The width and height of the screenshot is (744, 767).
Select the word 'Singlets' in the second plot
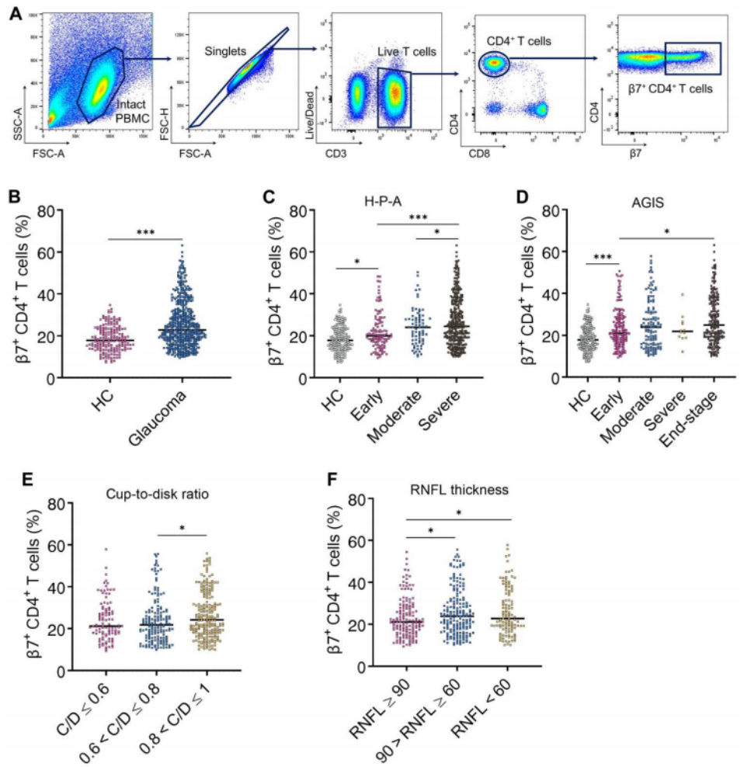[x=226, y=50]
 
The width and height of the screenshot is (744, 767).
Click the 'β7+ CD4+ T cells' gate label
[x=672, y=89]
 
